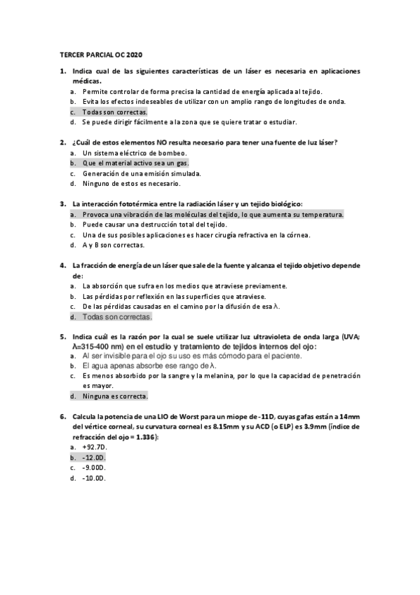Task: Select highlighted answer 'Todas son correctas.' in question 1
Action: pos(114,112)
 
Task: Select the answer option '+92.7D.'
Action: pos(95,446)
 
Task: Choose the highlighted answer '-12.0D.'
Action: pos(93,457)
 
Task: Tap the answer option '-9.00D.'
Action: pos(93,467)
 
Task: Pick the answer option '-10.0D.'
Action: pos(93,478)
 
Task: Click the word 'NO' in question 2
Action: pos(143,142)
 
